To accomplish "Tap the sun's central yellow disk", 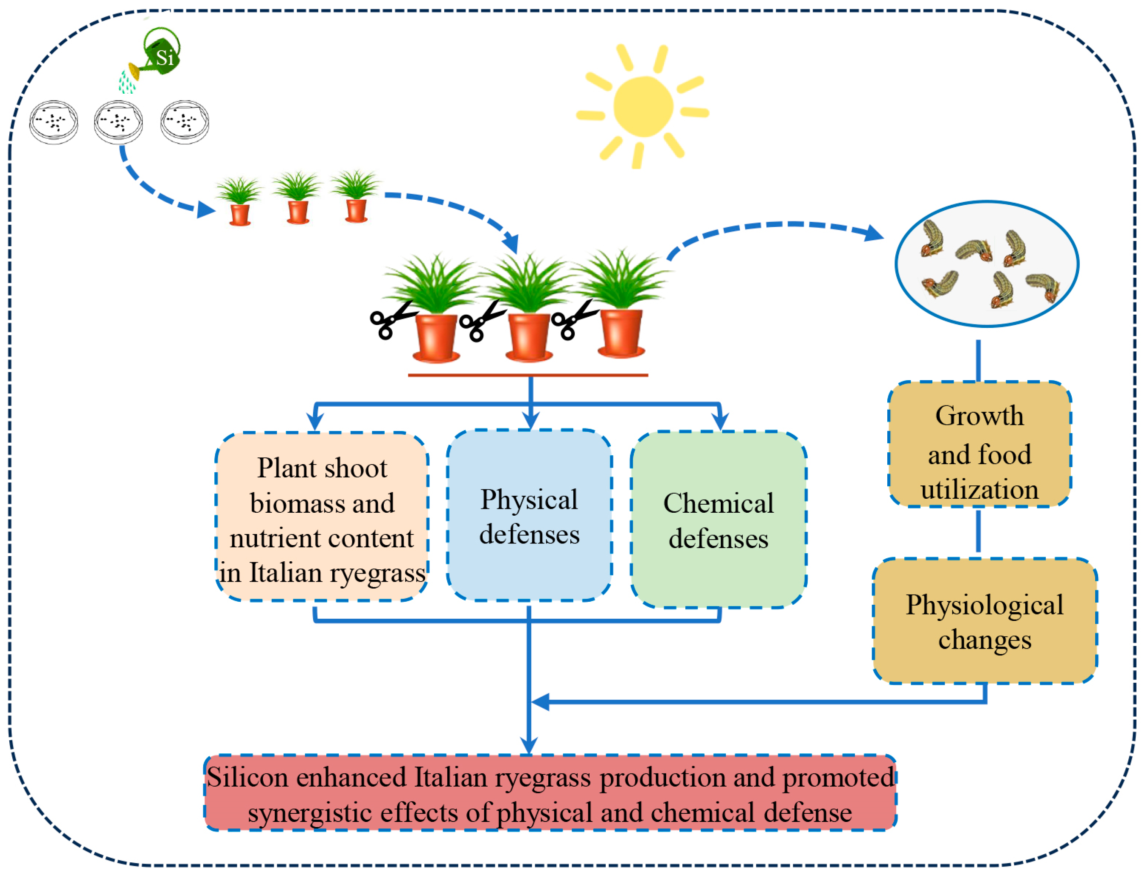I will point(642,106).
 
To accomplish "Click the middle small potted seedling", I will point(297,198).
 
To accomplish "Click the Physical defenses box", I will point(529,516).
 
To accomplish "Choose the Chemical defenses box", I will point(718,520).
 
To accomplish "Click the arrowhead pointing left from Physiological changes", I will point(540,702).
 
